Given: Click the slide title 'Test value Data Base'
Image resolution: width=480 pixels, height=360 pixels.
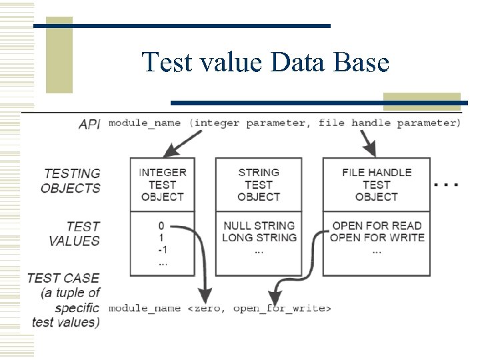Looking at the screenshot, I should coord(265,63).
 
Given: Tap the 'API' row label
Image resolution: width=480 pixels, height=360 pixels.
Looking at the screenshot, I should coord(89,124).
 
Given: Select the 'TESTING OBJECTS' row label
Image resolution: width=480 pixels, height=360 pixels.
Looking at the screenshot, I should coord(71,181).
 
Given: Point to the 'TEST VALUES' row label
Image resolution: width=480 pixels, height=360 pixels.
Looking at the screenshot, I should coord(74,233).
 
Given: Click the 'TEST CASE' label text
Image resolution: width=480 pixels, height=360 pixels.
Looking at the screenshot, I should coord(63,278).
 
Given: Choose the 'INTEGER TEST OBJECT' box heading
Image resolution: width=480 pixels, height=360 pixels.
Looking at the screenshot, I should coord(162,185).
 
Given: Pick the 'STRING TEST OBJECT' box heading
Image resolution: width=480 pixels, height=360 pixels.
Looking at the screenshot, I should coord(258,185).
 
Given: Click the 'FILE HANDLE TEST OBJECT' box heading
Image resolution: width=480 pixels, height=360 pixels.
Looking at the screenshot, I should coord(376,185).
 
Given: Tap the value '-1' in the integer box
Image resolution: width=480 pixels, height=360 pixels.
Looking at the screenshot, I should coord(162,250).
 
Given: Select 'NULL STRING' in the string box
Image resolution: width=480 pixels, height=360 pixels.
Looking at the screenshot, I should coord(259,225).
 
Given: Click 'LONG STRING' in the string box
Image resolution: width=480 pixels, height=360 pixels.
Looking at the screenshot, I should coord(259,237).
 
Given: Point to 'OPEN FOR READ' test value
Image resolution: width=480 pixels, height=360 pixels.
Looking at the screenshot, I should coord(377,225).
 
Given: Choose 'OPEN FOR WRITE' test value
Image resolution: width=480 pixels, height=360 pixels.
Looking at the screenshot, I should coord(377,237).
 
